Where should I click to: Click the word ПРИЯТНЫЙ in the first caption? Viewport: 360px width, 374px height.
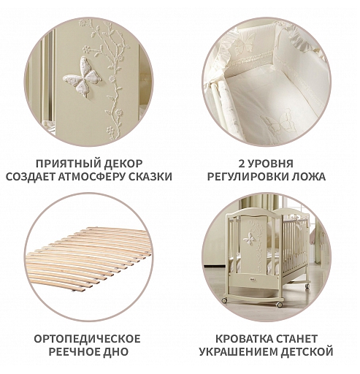tap(66, 164)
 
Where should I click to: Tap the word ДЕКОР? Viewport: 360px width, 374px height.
tap(121, 164)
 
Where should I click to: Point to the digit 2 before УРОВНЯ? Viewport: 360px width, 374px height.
tap(242, 164)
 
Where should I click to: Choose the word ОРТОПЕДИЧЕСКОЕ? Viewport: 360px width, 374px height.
tap(87, 339)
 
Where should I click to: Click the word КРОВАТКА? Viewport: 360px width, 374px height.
tap(244, 339)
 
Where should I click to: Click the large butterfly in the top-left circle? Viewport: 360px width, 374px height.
tap(81, 75)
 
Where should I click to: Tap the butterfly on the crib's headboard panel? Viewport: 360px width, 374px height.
tap(250, 238)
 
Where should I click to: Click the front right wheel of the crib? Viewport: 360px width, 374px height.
tap(280, 305)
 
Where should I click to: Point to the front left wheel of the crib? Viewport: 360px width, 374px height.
tap(226, 300)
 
